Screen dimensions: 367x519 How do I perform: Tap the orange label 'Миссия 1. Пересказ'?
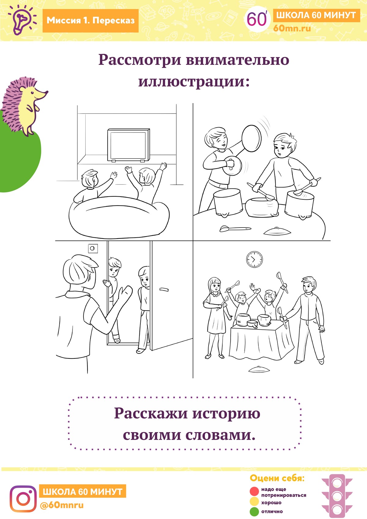point(91,20)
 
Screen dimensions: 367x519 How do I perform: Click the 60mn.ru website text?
point(292,28)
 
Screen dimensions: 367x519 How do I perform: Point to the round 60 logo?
point(257,19)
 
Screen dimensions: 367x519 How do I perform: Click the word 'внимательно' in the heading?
point(238,60)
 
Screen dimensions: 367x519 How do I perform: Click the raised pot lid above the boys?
point(251,138)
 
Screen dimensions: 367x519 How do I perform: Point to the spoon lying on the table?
point(235,229)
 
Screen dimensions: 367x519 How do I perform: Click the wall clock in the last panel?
point(254,259)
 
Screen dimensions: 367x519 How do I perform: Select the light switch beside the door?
point(93,249)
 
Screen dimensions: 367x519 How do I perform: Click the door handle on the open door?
point(164,289)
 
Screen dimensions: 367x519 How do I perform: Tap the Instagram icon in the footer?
point(23,499)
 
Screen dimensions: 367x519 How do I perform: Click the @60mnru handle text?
point(62,505)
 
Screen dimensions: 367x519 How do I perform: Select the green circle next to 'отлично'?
point(254,512)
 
